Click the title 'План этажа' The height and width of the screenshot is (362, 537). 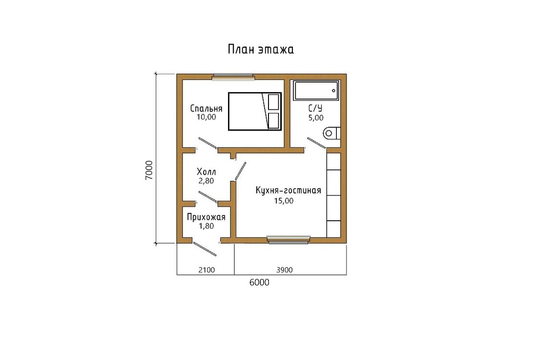pos(261,49)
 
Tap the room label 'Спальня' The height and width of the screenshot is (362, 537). pos(206,108)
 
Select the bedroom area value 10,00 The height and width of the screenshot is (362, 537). pos(206,117)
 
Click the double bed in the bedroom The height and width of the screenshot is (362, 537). pos(255,111)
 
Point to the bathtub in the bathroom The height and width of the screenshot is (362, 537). pos(316,90)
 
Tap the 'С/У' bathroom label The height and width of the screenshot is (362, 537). pos(315,108)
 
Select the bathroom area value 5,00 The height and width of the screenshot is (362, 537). pos(316,117)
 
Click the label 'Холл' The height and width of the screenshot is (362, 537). pos(206,171)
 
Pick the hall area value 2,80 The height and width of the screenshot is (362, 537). pos(206,181)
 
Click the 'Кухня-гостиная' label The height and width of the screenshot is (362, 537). pos(289,191)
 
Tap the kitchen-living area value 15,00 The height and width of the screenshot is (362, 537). pos(284,201)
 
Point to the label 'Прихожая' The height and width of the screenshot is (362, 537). pos(206,217)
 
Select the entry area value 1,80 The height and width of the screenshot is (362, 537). pos(206,226)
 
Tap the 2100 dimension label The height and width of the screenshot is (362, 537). pos(207,270)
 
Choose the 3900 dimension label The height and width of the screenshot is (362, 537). pos(285,270)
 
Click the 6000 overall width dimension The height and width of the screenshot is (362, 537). pos(259,283)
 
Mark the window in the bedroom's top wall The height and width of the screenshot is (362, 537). pos(233,76)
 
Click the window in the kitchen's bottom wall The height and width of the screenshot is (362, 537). pos(289,240)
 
